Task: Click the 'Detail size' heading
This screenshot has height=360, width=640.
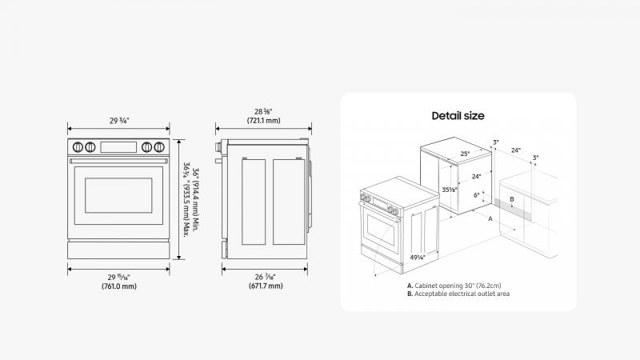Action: tap(458, 116)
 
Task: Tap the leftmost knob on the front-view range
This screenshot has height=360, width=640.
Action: tap(78, 147)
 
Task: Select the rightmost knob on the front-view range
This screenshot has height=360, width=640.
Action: tap(159, 147)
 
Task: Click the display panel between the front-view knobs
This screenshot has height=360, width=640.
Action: tap(118, 147)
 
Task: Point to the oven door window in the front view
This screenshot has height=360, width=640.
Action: tap(118, 195)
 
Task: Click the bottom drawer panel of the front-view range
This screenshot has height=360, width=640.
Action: tap(118, 250)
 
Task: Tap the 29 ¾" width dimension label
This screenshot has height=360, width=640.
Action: tap(119, 121)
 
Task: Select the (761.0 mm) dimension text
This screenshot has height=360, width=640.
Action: tap(119, 286)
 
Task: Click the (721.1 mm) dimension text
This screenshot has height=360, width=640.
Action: tap(264, 121)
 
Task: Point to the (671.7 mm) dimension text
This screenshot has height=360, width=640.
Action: tap(266, 286)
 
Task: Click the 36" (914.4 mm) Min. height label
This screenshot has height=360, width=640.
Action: tap(196, 199)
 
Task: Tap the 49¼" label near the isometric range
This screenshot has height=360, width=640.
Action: tap(418, 258)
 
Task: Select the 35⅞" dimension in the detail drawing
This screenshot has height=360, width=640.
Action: tap(450, 190)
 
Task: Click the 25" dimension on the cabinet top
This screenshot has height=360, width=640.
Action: tap(465, 154)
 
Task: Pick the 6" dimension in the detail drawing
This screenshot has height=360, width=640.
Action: tap(476, 195)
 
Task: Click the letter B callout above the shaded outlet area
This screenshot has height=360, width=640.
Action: tap(512, 199)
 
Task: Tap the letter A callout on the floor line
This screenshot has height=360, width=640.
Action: tap(490, 218)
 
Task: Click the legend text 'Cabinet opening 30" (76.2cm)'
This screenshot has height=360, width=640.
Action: tap(458, 286)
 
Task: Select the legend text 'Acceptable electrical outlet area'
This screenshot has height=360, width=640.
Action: tap(462, 294)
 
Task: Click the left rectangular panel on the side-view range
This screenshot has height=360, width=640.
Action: tap(254, 202)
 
